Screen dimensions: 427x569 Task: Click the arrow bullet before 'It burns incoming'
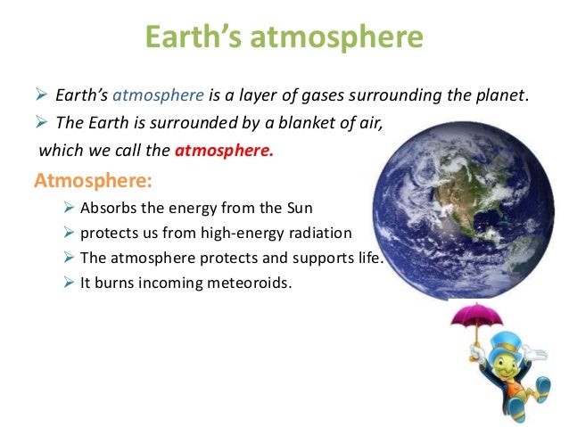point(69,283)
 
